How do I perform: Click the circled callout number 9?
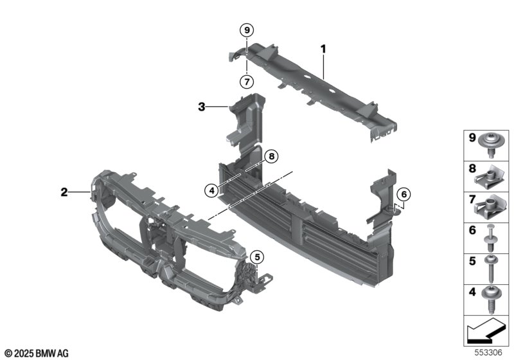(x=247, y=30)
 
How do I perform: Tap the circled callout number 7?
(x=247, y=81)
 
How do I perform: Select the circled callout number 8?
(x=271, y=156)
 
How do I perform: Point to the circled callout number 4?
(x=212, y=190)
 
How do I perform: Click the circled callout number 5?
(x=257, y=257)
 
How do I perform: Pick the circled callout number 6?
(x=403, y=194)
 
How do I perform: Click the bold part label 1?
(x=323, y=50)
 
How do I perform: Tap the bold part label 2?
(x=64, y=192)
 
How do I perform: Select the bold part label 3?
(x=202, y=107)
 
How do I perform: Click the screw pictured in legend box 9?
(x=491, y=145)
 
